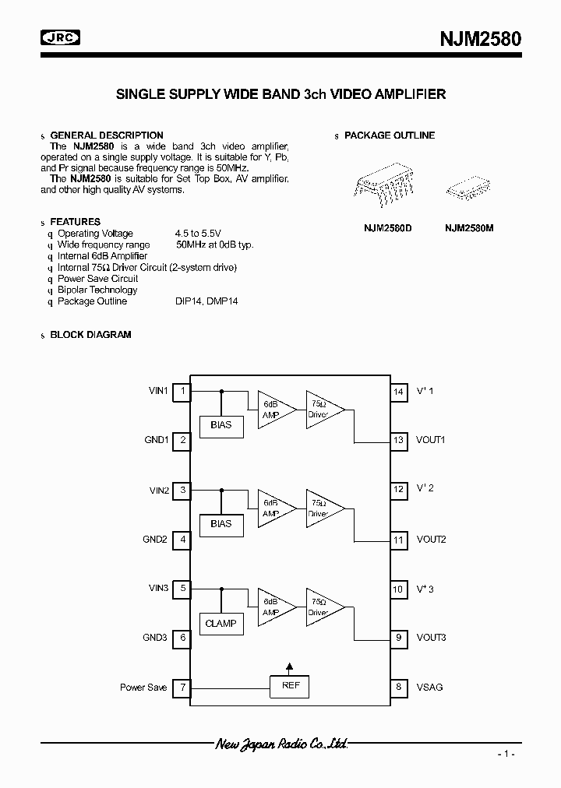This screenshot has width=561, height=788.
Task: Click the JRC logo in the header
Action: click(x=60, y=37)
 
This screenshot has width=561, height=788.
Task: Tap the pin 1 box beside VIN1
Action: click(x=182, y=391)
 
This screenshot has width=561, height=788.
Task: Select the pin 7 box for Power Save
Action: click(x=182, y=687)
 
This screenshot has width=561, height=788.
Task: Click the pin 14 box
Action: click(x=398, y=391)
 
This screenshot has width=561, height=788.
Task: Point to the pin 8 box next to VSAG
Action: click(x=398, y=687)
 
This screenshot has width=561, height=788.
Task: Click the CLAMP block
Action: click(x=221, y=623)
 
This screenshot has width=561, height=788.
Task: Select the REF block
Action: click(x=290, y=686)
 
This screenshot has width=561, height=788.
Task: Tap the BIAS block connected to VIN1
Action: click(x=221, y=425)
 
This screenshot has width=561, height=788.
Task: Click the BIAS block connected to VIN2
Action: click(x=221, y=524)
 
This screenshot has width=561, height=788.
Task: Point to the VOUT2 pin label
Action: click(x=431, y=540)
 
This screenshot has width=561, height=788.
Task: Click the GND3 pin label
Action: click(x=155, y=638)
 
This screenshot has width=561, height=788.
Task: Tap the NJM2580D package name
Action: click(x=387, y=228)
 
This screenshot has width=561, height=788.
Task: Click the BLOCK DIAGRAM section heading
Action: click(x=90, y=335)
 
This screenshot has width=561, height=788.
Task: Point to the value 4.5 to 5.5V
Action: click(x=199, y=234)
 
